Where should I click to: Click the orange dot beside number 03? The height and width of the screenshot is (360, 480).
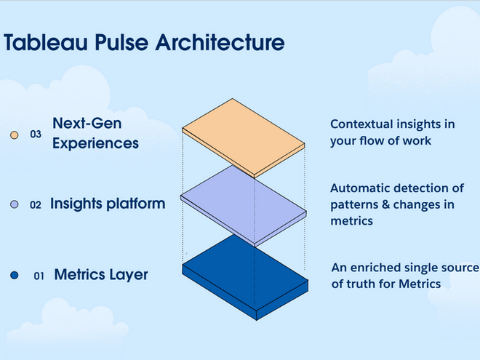tap(14, 135)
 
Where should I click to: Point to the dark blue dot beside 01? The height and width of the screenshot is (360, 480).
tap(14, 276)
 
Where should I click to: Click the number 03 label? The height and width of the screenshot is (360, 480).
tap(36, 135)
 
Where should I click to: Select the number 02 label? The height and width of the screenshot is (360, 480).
tap(36, 205)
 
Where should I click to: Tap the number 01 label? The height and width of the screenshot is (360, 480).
tap(39, 276)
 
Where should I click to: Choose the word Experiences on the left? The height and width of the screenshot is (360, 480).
tap(95, 143)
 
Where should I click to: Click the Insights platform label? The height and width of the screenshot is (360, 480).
tap(108, 204)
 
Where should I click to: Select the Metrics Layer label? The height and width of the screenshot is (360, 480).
tap(101, 275)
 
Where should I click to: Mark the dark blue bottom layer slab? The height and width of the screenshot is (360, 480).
tap(242, 279)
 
